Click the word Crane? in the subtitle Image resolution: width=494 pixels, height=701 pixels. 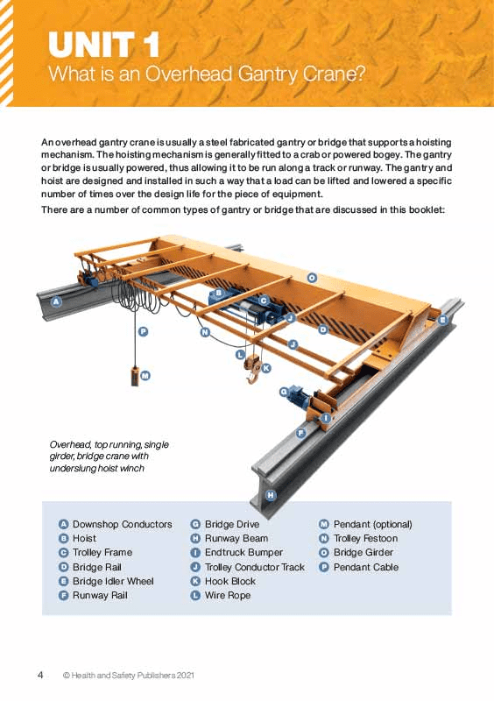coord(338,74)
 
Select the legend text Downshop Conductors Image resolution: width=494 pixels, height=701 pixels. coord(122,524)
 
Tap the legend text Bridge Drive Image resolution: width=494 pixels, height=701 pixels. coord(232,524)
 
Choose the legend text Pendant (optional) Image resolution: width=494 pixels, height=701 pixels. coord(372,524)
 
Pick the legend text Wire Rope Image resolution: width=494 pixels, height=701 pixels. coord(227,595)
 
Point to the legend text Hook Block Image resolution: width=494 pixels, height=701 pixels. coord(229,581)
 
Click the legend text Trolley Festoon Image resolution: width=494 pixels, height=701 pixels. coord(365,538)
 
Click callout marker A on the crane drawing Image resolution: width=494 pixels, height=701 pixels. coord(57,301)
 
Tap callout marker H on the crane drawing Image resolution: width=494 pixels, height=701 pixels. coord(271,495)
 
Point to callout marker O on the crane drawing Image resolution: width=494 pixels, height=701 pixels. coord(312,277)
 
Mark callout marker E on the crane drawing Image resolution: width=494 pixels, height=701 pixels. coord(443,321)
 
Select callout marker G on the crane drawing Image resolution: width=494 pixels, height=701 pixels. coord(284,392)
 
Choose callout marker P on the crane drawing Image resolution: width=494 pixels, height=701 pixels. coord(142,331)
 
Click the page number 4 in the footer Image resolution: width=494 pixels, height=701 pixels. coord(40,675)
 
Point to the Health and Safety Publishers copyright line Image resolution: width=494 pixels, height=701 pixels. coord(128,676)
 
